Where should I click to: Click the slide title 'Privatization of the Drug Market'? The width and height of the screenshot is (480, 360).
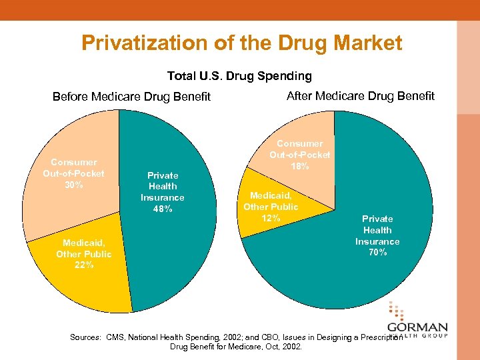(x=241, y=43)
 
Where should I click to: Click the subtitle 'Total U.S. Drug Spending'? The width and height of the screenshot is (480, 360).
(x=239, y=76)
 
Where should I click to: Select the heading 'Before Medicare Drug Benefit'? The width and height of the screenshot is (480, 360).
(x=131, y=97)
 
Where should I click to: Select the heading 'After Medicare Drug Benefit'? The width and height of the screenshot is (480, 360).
(x=360, y=96)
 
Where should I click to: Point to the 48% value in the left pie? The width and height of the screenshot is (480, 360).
(x=162, y=209)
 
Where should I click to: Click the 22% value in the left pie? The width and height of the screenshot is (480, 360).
(x=83, y=265)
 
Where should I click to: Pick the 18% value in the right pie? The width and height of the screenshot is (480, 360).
(x=299, y=166)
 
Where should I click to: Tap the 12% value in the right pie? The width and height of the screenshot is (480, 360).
(x=271, y=218)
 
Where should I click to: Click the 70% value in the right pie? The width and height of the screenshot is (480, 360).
(x=377, y=252)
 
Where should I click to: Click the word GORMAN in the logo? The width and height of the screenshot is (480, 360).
(x=418, y=329)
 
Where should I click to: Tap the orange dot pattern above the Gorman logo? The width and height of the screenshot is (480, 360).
(x=395, y=311)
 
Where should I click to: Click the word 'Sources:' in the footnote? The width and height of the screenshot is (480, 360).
(x=86, y=337)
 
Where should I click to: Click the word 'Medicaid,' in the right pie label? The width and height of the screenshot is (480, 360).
(x=271, y=195)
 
